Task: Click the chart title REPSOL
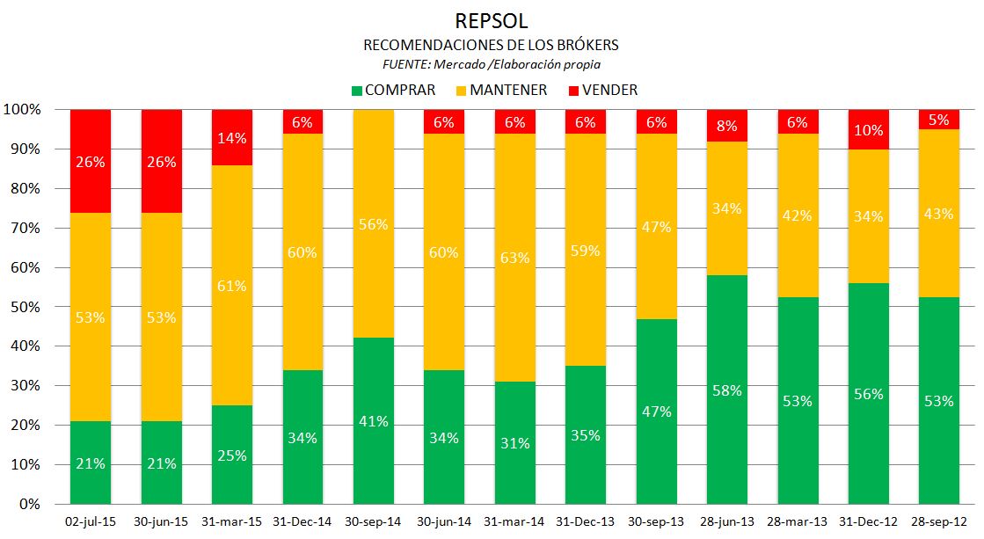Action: (492, 19)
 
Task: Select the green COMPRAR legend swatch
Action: (356, 90)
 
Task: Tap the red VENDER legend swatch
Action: (574, 90)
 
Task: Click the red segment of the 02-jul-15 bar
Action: (91, 161)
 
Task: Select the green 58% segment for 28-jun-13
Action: (726, 389)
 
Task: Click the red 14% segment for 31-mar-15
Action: (232, 138)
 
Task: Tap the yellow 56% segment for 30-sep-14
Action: (373, 223)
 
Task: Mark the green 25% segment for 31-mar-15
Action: (232, 455)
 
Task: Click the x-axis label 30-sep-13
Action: (655, 521)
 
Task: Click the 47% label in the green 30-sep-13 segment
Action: (656, 412)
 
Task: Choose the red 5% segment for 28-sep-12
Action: (938, 120)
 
